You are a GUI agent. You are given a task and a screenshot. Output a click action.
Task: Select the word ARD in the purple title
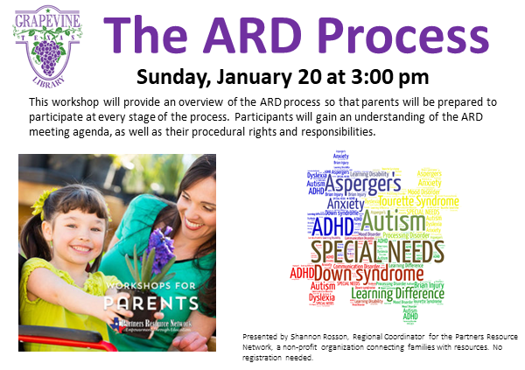coord(254,36)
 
